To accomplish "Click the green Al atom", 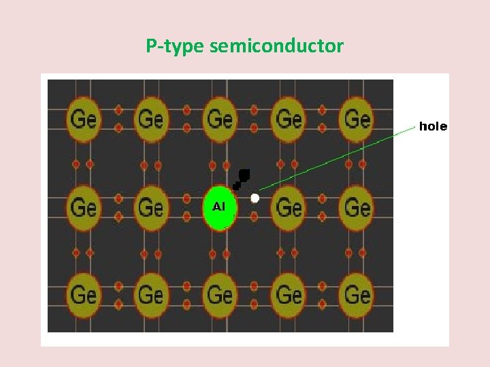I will (x=220, y=207).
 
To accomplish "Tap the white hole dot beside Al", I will (x=255, y=198).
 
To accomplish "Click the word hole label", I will (x=433, y=126).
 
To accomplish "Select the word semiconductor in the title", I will (x=277, y=46).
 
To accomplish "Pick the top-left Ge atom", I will (x=83, y=119).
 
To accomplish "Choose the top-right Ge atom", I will (x=357, y=119).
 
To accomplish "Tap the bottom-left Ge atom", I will (x=83, y=294).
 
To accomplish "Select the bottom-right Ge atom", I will (x=357, y=294).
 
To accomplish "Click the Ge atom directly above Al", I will (x=220, y=119).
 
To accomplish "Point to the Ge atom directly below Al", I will (x=220, y=294).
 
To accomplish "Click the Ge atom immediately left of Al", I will (x=151, y=207).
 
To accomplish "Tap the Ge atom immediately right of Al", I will (x=289, y=207).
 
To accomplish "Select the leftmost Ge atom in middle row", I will (x=83, y=207).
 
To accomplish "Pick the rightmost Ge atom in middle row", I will (x=357, y=207).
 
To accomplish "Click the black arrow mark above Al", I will (x=241, y=179).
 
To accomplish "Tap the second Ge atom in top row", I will (x=151, y=119).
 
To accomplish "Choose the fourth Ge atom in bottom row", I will (x=289, y=294).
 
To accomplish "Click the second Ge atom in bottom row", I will (x=151, y=294).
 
